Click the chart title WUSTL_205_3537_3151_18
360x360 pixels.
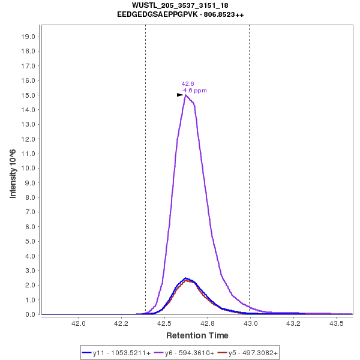(x=180, y=5)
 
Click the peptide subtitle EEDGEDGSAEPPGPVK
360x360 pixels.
(x=180, y=14)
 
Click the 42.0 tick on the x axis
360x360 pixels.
(x=79, y=323)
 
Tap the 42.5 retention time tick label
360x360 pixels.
(x=164, y=323)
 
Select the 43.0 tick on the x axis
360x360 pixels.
(x=250, y=323)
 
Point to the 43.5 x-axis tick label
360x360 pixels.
(x=336, y=323)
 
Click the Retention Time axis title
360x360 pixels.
(x=197, y=335)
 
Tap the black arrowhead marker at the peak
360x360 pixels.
(x=180, y=95)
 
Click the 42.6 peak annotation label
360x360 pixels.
(x=188, y=84)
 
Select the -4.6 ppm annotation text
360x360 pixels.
(x=194, y=91)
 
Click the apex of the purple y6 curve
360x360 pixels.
(x=186, y=95)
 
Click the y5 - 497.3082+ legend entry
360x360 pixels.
(x=249, y=352)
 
